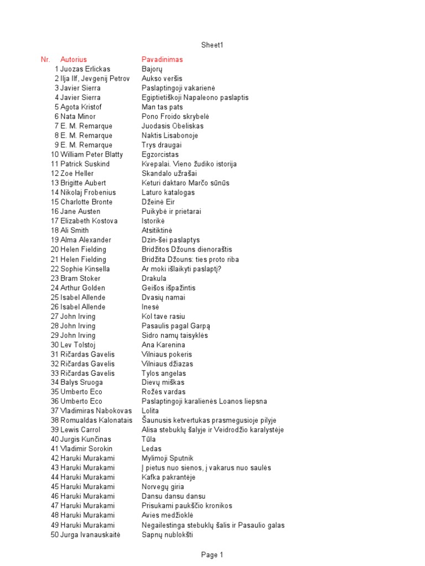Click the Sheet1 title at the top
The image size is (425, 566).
pos(212,45)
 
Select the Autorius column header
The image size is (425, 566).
pos(74,59)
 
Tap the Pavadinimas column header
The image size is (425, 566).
pos(162,59)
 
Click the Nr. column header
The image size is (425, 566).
pos(45,59)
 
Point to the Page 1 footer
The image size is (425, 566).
pos(212,554)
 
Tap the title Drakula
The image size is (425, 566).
pos(154,278)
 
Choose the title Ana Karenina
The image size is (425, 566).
pos(163,344)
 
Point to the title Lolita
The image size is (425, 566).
pos(151,411)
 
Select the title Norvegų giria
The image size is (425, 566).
pos(163,487)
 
